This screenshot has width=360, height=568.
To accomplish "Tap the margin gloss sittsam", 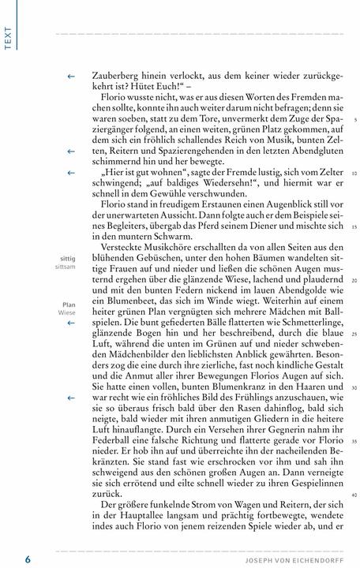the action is coord(67,267).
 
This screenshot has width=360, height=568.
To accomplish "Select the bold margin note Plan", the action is coord(69,303).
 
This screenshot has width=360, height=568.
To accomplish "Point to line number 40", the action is coord(355,495).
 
